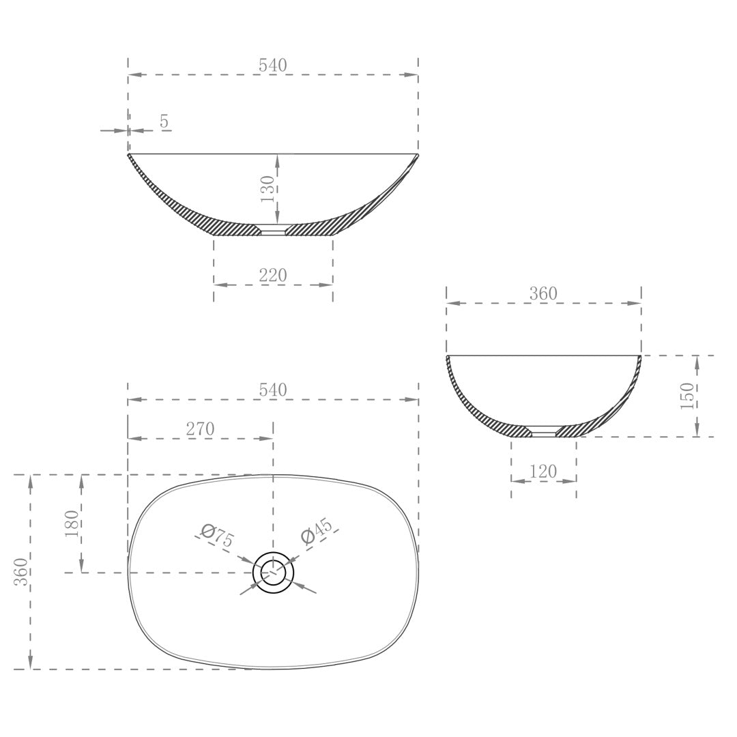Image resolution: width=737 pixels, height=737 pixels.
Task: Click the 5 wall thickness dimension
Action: coord(164,121)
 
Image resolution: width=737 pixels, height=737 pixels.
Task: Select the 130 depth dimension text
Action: coord(267,188)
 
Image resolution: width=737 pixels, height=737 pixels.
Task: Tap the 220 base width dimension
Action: coord(273,276)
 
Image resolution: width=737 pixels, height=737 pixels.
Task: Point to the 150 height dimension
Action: coord(687,396)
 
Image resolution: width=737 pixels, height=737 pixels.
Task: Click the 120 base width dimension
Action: coord(543,472)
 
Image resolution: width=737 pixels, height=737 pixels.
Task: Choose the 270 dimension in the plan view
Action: coord(200,429)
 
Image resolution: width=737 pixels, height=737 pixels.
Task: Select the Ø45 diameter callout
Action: coord(317,532)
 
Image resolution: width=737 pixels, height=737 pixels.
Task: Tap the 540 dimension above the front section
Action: coord(273,66)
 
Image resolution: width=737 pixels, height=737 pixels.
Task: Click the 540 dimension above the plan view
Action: coord(273,390)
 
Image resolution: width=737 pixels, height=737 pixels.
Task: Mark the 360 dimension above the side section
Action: coord(543,294)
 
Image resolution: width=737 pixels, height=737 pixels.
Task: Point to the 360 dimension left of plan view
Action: coord(21,572)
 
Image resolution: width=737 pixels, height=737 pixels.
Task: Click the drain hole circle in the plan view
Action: coord(274,572)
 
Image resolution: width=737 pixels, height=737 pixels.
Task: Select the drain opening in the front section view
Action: coord(273,230)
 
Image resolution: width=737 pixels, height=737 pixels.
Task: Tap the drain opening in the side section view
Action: coord(544,431)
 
